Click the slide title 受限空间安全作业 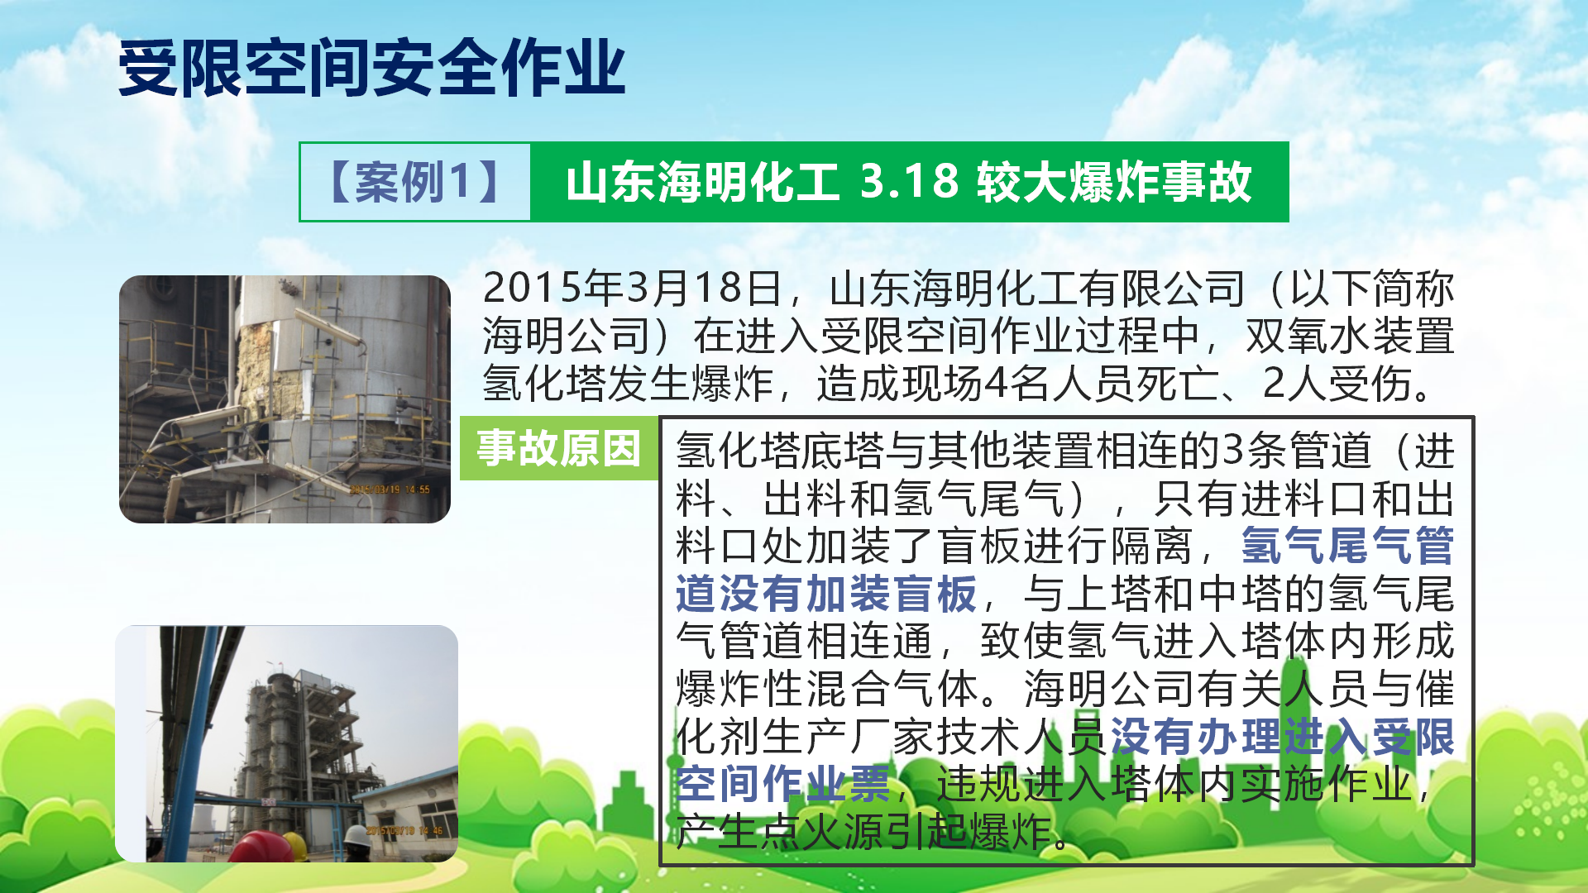[x=371, y=68]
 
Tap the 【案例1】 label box [x=414, y=182]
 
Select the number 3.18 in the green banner [x=909, y=181]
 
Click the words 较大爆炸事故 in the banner [x=1114, y=182]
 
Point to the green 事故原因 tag [x=559, y=448]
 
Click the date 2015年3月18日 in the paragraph [x=633, y=288]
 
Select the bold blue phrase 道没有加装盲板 [x=826, y=594]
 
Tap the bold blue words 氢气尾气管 [x=1348, y=546]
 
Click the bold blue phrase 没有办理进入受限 [x=1282, y=737]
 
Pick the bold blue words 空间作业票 [x=783, y=784]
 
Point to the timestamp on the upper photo [x=390, y=489]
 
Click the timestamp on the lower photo [x=404, y=830]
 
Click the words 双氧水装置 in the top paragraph [x=1350, y=336]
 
